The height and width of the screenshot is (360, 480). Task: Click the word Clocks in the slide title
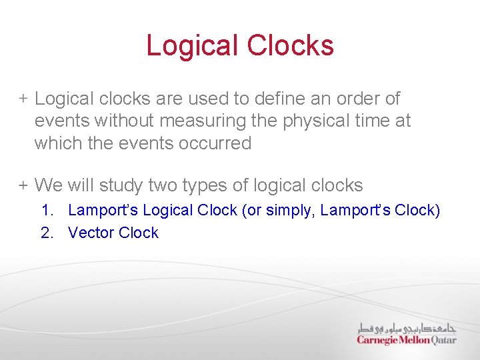coord(290,45)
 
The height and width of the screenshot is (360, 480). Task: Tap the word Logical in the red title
coord(192,45)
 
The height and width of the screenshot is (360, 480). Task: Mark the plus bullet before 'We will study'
coord(23,185)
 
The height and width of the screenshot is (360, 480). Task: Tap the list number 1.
coord(47,211)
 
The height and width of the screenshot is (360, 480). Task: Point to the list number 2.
coord(47,233)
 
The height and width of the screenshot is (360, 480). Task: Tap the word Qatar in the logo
coord(443,340)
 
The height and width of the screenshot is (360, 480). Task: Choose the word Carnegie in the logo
coord(378,340)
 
